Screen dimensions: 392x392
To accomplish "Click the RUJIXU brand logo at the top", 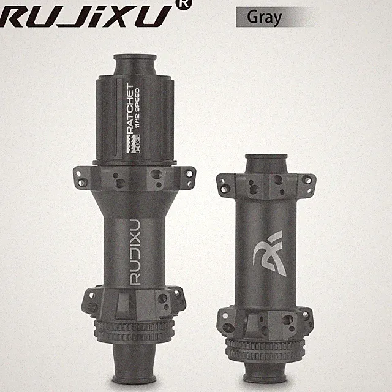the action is [x=85, y=16].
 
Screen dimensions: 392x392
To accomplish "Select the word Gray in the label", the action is [x=264, y=18].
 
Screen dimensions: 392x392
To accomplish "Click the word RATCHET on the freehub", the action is [x=129, y=109].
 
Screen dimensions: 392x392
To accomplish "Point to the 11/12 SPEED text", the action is [x=137, y=108].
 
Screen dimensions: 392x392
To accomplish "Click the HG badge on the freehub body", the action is [x=137, y=144].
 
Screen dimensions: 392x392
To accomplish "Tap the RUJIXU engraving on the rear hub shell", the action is [x=135, y=252].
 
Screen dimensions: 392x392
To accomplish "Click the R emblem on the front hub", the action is [x=269, y=253].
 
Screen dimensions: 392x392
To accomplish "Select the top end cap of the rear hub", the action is [x=135, y=64].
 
